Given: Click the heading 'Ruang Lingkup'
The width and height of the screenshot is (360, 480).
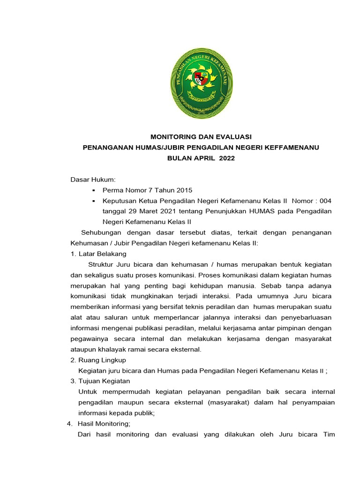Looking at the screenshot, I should tap(102, 360).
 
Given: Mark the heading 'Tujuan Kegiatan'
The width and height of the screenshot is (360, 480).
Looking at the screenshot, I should tap(104, 381).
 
